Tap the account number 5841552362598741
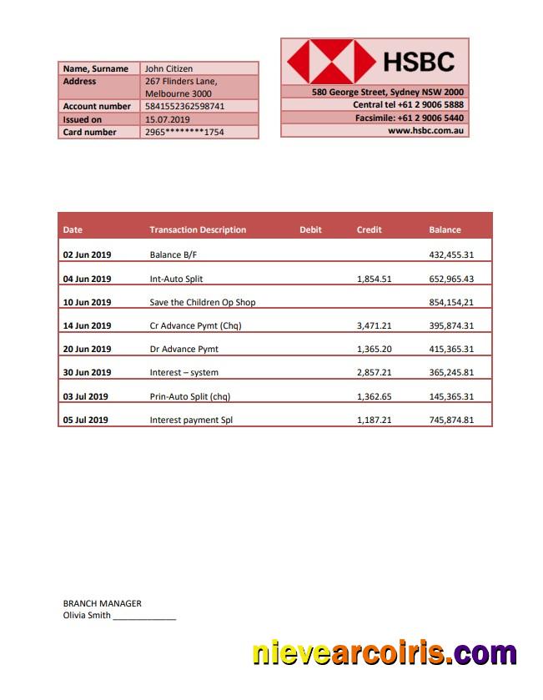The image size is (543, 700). [x=184, y=107]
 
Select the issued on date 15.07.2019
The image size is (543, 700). [x=168, y=119]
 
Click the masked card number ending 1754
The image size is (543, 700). [x=184, y=132]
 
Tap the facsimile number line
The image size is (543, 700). [x=409, y=118]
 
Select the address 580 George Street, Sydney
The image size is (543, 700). [x=388, y=92]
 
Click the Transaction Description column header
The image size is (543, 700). [x=198, y=229]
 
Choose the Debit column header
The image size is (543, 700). [x=310, y=229]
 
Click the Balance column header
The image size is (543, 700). [x=445, y=229]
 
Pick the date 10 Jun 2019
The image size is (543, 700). [x=87, y=302]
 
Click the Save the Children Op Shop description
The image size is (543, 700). [x=202, y=302]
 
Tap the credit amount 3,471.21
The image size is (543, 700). [x=374, y=325]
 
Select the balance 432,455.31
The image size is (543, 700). [x=450, y=254]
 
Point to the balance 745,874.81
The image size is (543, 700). [x=450, y=420]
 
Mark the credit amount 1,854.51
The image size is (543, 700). [x=374, y=279]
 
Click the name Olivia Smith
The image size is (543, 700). [x=87, y=616]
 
